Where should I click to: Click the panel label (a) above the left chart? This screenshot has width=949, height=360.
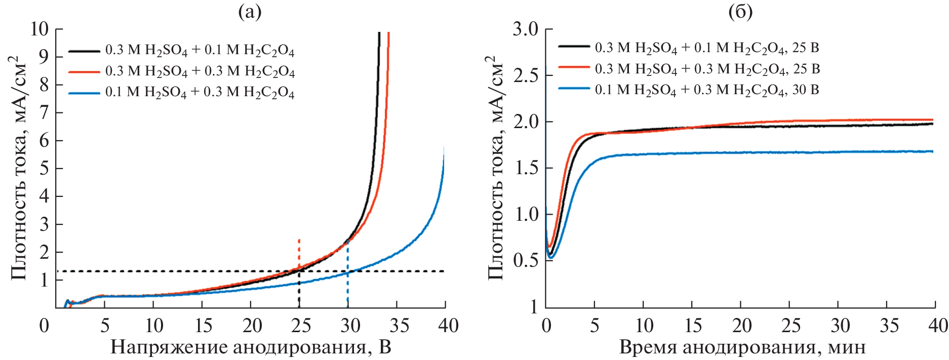tap(250, 13)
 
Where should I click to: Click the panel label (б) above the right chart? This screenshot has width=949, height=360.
tap(740, 13)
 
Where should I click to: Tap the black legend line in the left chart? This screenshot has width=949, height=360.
tap(84, 51)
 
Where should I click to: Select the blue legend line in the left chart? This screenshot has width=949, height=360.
tap(84, 93)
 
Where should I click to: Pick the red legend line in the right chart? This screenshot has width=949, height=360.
tap(574, 67)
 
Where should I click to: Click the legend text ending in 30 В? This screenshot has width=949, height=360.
tap(706, 90)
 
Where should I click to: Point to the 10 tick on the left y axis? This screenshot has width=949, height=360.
tap(39, 29)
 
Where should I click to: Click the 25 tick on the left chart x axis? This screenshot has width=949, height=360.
tap(301, 325)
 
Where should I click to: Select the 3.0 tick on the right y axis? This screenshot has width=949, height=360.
tap(525, 29)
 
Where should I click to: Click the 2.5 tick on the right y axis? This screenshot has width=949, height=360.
tap(525, 75)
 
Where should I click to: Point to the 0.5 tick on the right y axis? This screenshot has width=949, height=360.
tap(525, 260)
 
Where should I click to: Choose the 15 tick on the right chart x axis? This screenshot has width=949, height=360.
tap(692, 325)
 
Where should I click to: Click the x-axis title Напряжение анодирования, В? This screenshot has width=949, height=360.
tap(251, 347)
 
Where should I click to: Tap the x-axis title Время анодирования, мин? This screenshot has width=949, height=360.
tap(742, 347)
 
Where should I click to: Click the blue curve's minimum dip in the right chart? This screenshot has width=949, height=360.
tap(550, 258)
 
